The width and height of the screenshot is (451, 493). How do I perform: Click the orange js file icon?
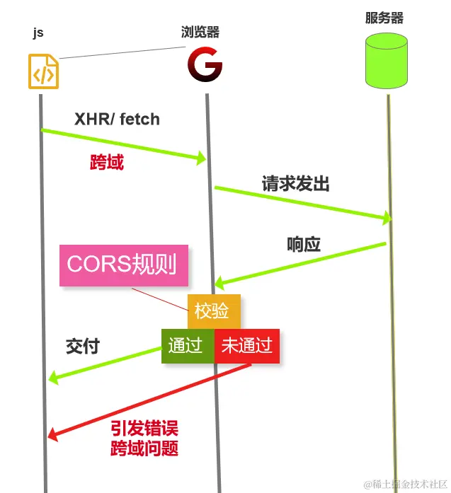click(43, 71)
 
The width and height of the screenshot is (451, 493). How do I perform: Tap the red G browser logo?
click(205, 67)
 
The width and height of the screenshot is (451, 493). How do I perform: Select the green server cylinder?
click(387, 62)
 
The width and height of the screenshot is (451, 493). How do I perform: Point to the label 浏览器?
click(200, 32)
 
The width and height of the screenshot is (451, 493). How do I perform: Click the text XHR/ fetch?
click(117, 119)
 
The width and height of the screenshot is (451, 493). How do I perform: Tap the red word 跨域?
click(107, 163)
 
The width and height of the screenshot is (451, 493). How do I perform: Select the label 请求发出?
click(295, 185)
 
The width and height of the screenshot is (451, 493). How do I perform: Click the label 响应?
click(304, 245)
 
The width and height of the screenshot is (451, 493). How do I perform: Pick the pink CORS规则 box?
click(124, 265)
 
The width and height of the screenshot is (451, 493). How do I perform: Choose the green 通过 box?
click(187, 346)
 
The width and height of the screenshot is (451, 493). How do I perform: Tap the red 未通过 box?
click(247, 346)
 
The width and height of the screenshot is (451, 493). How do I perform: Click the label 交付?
click(83, 347)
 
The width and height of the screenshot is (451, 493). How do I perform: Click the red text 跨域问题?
click(144, 448)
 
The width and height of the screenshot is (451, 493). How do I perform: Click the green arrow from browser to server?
click(303, 204)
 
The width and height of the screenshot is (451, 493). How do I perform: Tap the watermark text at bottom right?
click(406, 484)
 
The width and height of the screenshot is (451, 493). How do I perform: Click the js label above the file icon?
click(38, 33)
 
